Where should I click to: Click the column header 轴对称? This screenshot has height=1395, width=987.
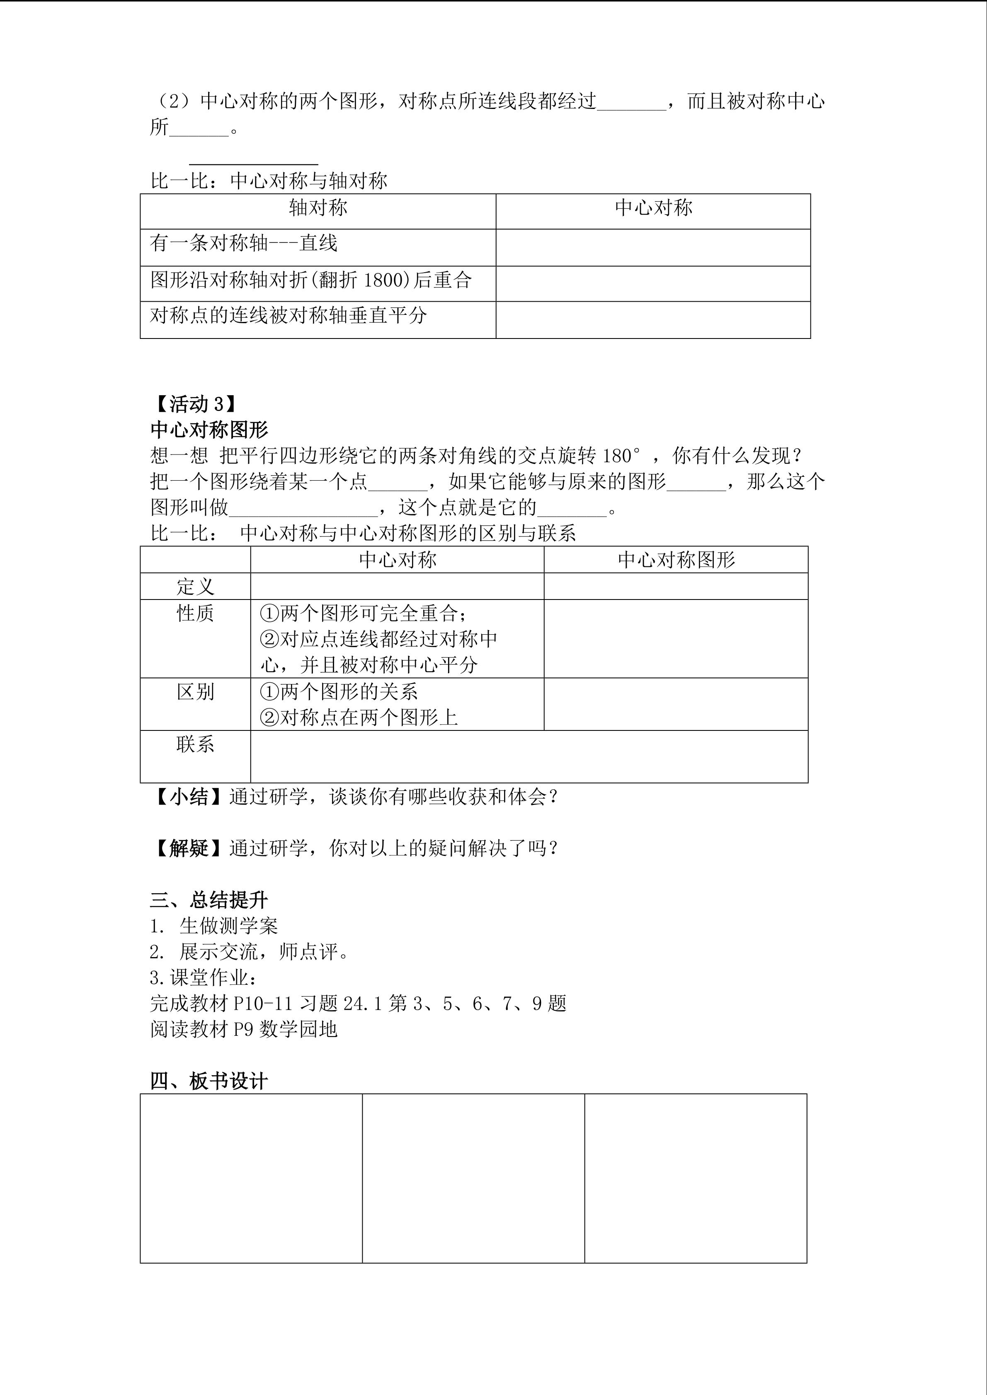coord(318,208)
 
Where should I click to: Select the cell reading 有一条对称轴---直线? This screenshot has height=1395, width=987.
coord(244,244)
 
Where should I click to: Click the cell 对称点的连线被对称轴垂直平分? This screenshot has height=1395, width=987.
coord(289,315)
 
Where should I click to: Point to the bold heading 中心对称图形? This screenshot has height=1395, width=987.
coord(209,430)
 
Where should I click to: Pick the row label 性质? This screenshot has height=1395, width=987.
coord(195,614)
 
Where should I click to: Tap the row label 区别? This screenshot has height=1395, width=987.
coord(195,692)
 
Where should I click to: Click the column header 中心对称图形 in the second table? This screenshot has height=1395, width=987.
coord(676,560)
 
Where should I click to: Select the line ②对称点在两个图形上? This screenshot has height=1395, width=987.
coord(359,718)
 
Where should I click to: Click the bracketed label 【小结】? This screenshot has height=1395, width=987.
coord(189,797)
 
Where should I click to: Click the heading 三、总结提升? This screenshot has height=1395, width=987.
coord(209,900)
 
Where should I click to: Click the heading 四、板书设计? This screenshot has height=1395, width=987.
coord(209,1081)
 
